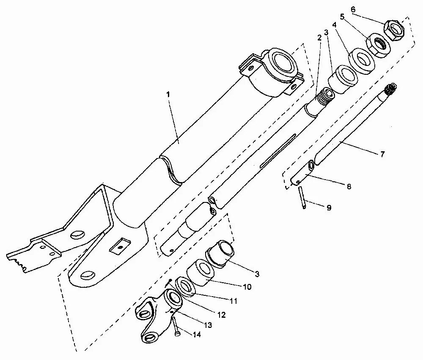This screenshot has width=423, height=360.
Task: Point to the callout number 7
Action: pos(382,155)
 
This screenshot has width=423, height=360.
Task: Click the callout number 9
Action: pos(329,207)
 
